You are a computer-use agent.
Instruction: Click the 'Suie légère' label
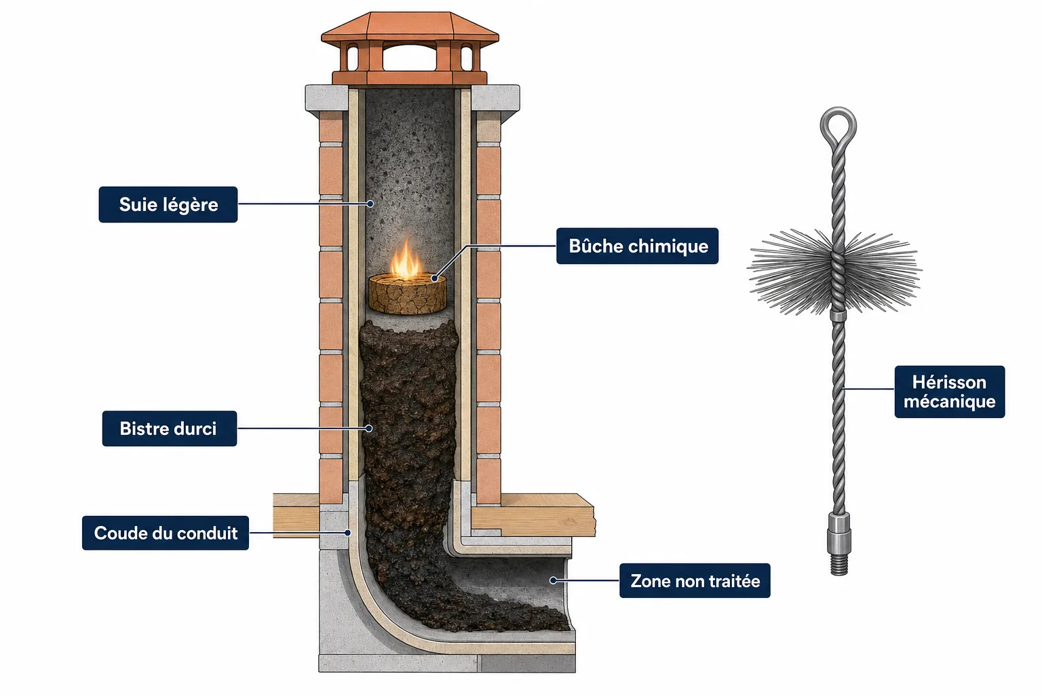tap(168, 205)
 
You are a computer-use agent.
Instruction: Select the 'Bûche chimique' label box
tap(637, 246)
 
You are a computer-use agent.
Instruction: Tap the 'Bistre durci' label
tap(170, 428)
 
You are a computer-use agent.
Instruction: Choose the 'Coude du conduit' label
tap(166, 533)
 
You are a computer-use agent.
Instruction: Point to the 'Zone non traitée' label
tap(695, 581)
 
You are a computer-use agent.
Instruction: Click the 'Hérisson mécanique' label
tap(950, 392)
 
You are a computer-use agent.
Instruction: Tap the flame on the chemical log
tap(406, 261)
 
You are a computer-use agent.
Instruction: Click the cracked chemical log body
tap(408, 294)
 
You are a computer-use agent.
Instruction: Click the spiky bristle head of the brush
tap(835, 271)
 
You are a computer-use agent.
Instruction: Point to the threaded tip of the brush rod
tap(839, 564)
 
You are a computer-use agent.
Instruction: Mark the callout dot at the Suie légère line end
tap(370, 204)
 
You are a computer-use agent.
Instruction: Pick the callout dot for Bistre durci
tap(369, 428)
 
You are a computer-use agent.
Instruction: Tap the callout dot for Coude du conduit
tap(347, 533)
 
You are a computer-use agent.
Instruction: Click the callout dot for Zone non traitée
tap(553, 580)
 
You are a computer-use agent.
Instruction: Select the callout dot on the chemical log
tap(434, 278)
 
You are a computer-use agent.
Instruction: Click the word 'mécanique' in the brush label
tap(950, 401)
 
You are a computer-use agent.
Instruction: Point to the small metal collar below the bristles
tap(838, 316)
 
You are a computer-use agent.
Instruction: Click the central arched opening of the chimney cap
tap(409, 57)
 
